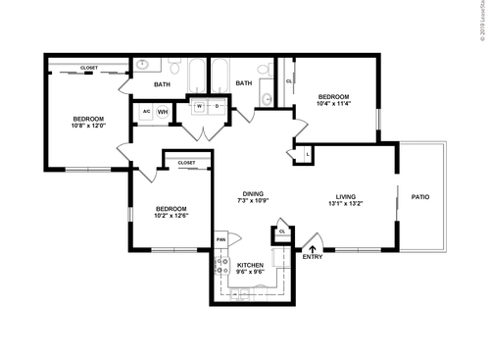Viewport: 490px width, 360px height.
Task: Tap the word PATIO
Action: click(x=419, y=197)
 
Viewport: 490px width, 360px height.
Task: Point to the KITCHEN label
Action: click(x=251, y=267)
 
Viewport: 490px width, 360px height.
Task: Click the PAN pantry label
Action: click(x=221, y=239)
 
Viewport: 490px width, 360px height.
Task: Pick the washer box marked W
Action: click(x=199, y=106)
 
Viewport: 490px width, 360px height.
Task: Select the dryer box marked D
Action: click(x=216, y=106)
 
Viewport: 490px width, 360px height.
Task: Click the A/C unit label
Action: click(x=146, y=112)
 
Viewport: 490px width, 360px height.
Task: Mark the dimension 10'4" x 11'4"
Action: click(x=334, y=100)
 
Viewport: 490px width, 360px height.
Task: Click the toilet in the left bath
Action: click(x=174, y=68)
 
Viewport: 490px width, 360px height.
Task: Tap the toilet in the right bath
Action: click(x=265, y=68)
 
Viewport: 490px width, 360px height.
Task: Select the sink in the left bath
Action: click(x=143, y=66)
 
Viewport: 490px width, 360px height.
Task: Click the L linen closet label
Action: click(x=309, y=154)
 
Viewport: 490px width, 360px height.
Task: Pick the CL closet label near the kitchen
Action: click(x=282, y=231)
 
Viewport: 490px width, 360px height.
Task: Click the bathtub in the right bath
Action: click(x=220, y=74)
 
